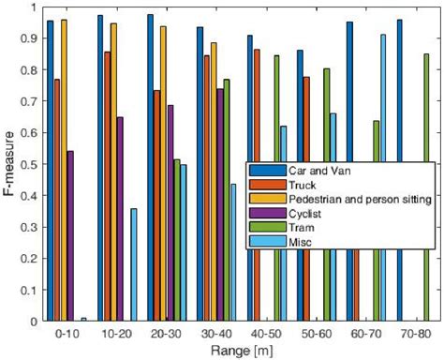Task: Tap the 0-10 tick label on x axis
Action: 67,333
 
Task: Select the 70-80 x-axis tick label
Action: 413,333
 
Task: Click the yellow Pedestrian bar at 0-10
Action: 64,170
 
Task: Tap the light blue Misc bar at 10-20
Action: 133,264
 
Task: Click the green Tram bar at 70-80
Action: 426,187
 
